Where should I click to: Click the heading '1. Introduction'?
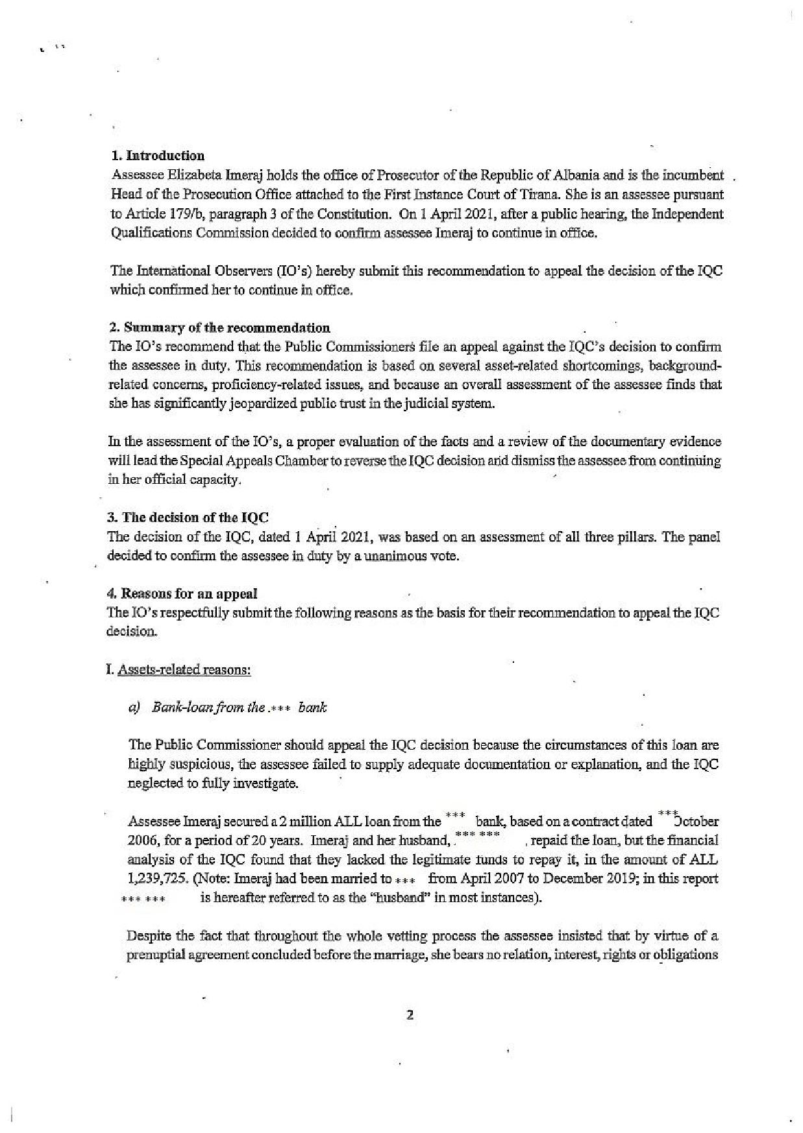click(158, 156)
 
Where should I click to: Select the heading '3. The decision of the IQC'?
click(188, 518)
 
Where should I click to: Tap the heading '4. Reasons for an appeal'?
click(182, 593)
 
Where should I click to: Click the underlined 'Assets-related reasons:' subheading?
click(184, 669)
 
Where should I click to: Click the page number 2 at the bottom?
click(410, 1015)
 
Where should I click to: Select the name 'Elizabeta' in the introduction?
click(195, 175)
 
